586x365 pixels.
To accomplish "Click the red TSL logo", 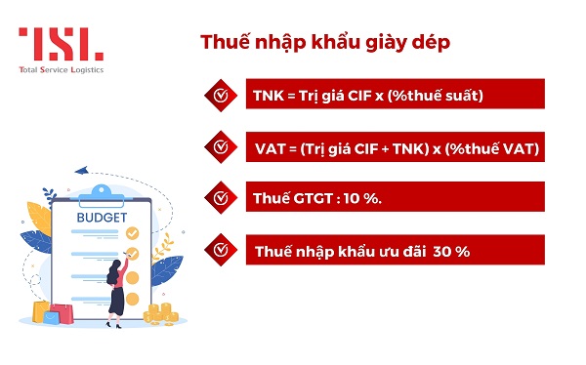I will point(61,44).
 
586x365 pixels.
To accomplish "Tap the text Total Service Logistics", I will point(61,69).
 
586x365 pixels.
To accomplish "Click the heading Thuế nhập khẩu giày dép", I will point(325,43).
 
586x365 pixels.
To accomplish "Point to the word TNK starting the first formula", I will point(268,96).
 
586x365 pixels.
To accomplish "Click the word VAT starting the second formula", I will point(269,147).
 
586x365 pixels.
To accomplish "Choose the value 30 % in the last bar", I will point(452,251).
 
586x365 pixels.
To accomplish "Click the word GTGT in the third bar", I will point(312,198).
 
